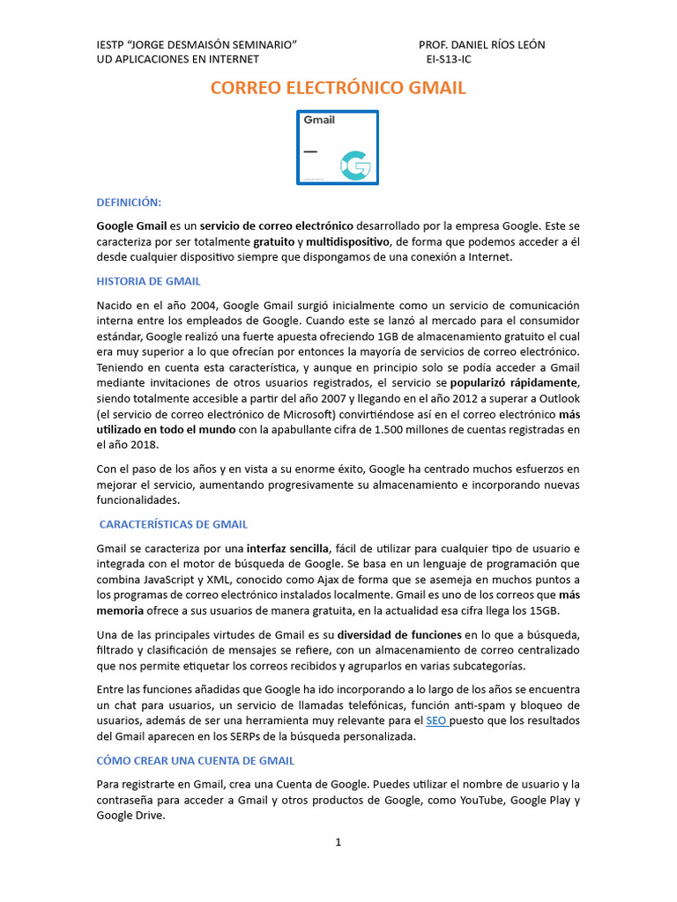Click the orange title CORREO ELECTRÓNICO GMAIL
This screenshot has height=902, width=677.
[338, 88]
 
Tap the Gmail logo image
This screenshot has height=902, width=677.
[338, 147]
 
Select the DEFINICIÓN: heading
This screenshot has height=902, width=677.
[129, 202]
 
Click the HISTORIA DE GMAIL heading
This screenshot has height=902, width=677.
[148, 281]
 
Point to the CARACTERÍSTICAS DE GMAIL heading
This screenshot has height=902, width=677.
[174, 524]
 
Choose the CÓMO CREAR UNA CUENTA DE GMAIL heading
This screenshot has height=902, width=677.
[195, 760]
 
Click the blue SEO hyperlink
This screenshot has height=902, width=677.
[435, 721]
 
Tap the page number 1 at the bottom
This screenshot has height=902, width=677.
[338, 842]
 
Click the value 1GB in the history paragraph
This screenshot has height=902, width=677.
[391, 336]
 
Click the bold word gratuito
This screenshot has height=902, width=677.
[273, 241]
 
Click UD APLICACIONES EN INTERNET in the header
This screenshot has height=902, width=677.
[177, 60]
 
